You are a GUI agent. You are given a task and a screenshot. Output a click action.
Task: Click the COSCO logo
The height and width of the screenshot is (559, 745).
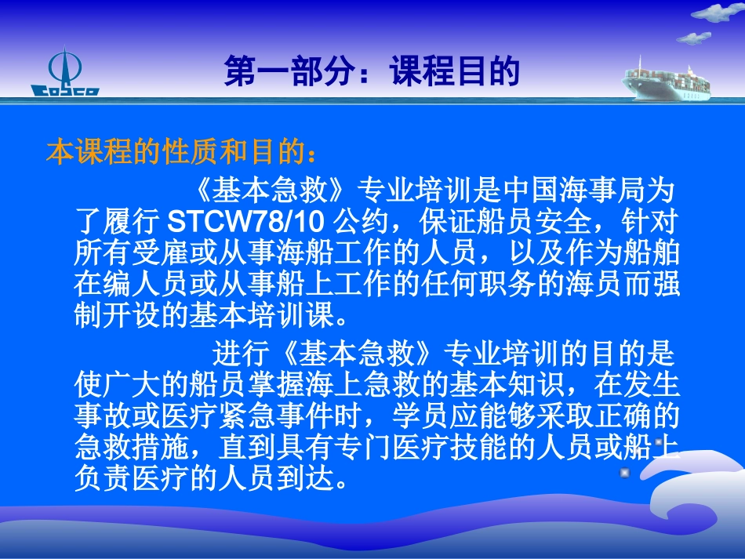(64, 74)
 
